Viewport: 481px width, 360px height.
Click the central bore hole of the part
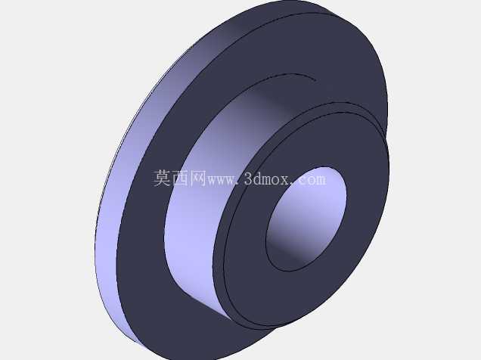pos(306,219)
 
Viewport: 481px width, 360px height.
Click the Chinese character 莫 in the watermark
pos(163,178)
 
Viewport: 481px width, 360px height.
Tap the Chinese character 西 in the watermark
pos(180,178)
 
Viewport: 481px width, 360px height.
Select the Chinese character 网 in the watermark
pos(198,178)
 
